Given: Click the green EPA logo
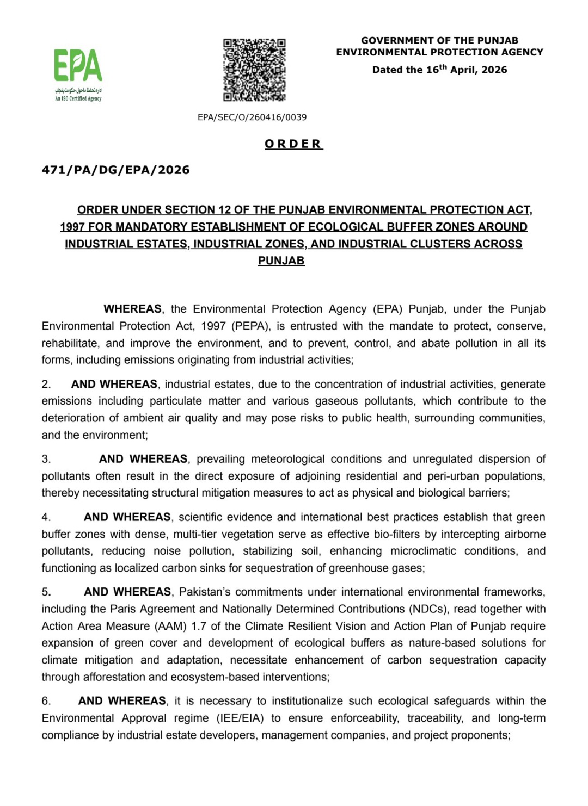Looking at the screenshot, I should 78,65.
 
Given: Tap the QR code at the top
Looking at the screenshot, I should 254,70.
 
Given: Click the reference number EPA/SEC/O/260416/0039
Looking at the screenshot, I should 252,117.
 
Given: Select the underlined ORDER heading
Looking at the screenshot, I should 293,144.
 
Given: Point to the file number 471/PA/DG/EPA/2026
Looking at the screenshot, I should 115,170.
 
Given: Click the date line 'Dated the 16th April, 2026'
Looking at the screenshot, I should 439,70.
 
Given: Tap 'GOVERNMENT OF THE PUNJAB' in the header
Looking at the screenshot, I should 439,40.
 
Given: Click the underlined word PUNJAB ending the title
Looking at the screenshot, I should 281,261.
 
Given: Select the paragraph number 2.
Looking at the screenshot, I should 46,384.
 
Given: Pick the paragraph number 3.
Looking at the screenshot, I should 46,459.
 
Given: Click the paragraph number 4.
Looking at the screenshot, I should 46,517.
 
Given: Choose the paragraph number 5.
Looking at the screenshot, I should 46,592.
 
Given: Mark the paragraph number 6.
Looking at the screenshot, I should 46,701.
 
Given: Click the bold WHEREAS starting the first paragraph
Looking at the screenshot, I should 132,309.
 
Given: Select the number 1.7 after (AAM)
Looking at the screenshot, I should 200,626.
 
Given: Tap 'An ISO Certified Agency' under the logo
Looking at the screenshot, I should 78,99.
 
